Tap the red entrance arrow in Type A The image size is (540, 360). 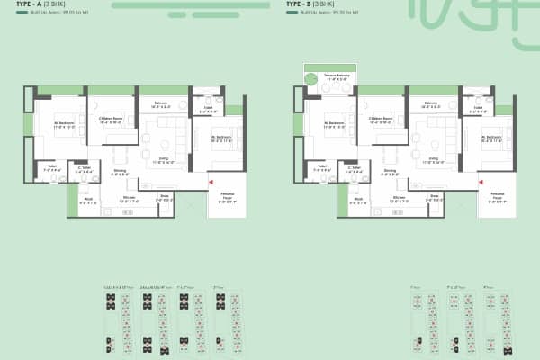(211, 183)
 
